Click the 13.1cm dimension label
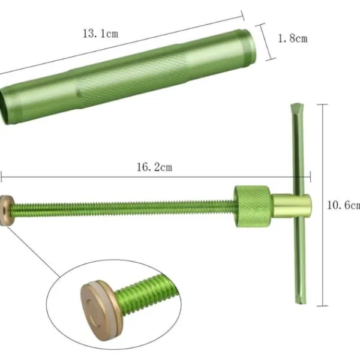click(x=100, y=34)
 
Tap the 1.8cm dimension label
click(x=293, y=38)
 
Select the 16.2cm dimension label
click(x=154, y=167)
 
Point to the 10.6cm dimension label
click(x=343, y=205)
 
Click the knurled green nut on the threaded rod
click(x=253, y=206)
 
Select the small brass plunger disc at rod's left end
click(x=6, y=211)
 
